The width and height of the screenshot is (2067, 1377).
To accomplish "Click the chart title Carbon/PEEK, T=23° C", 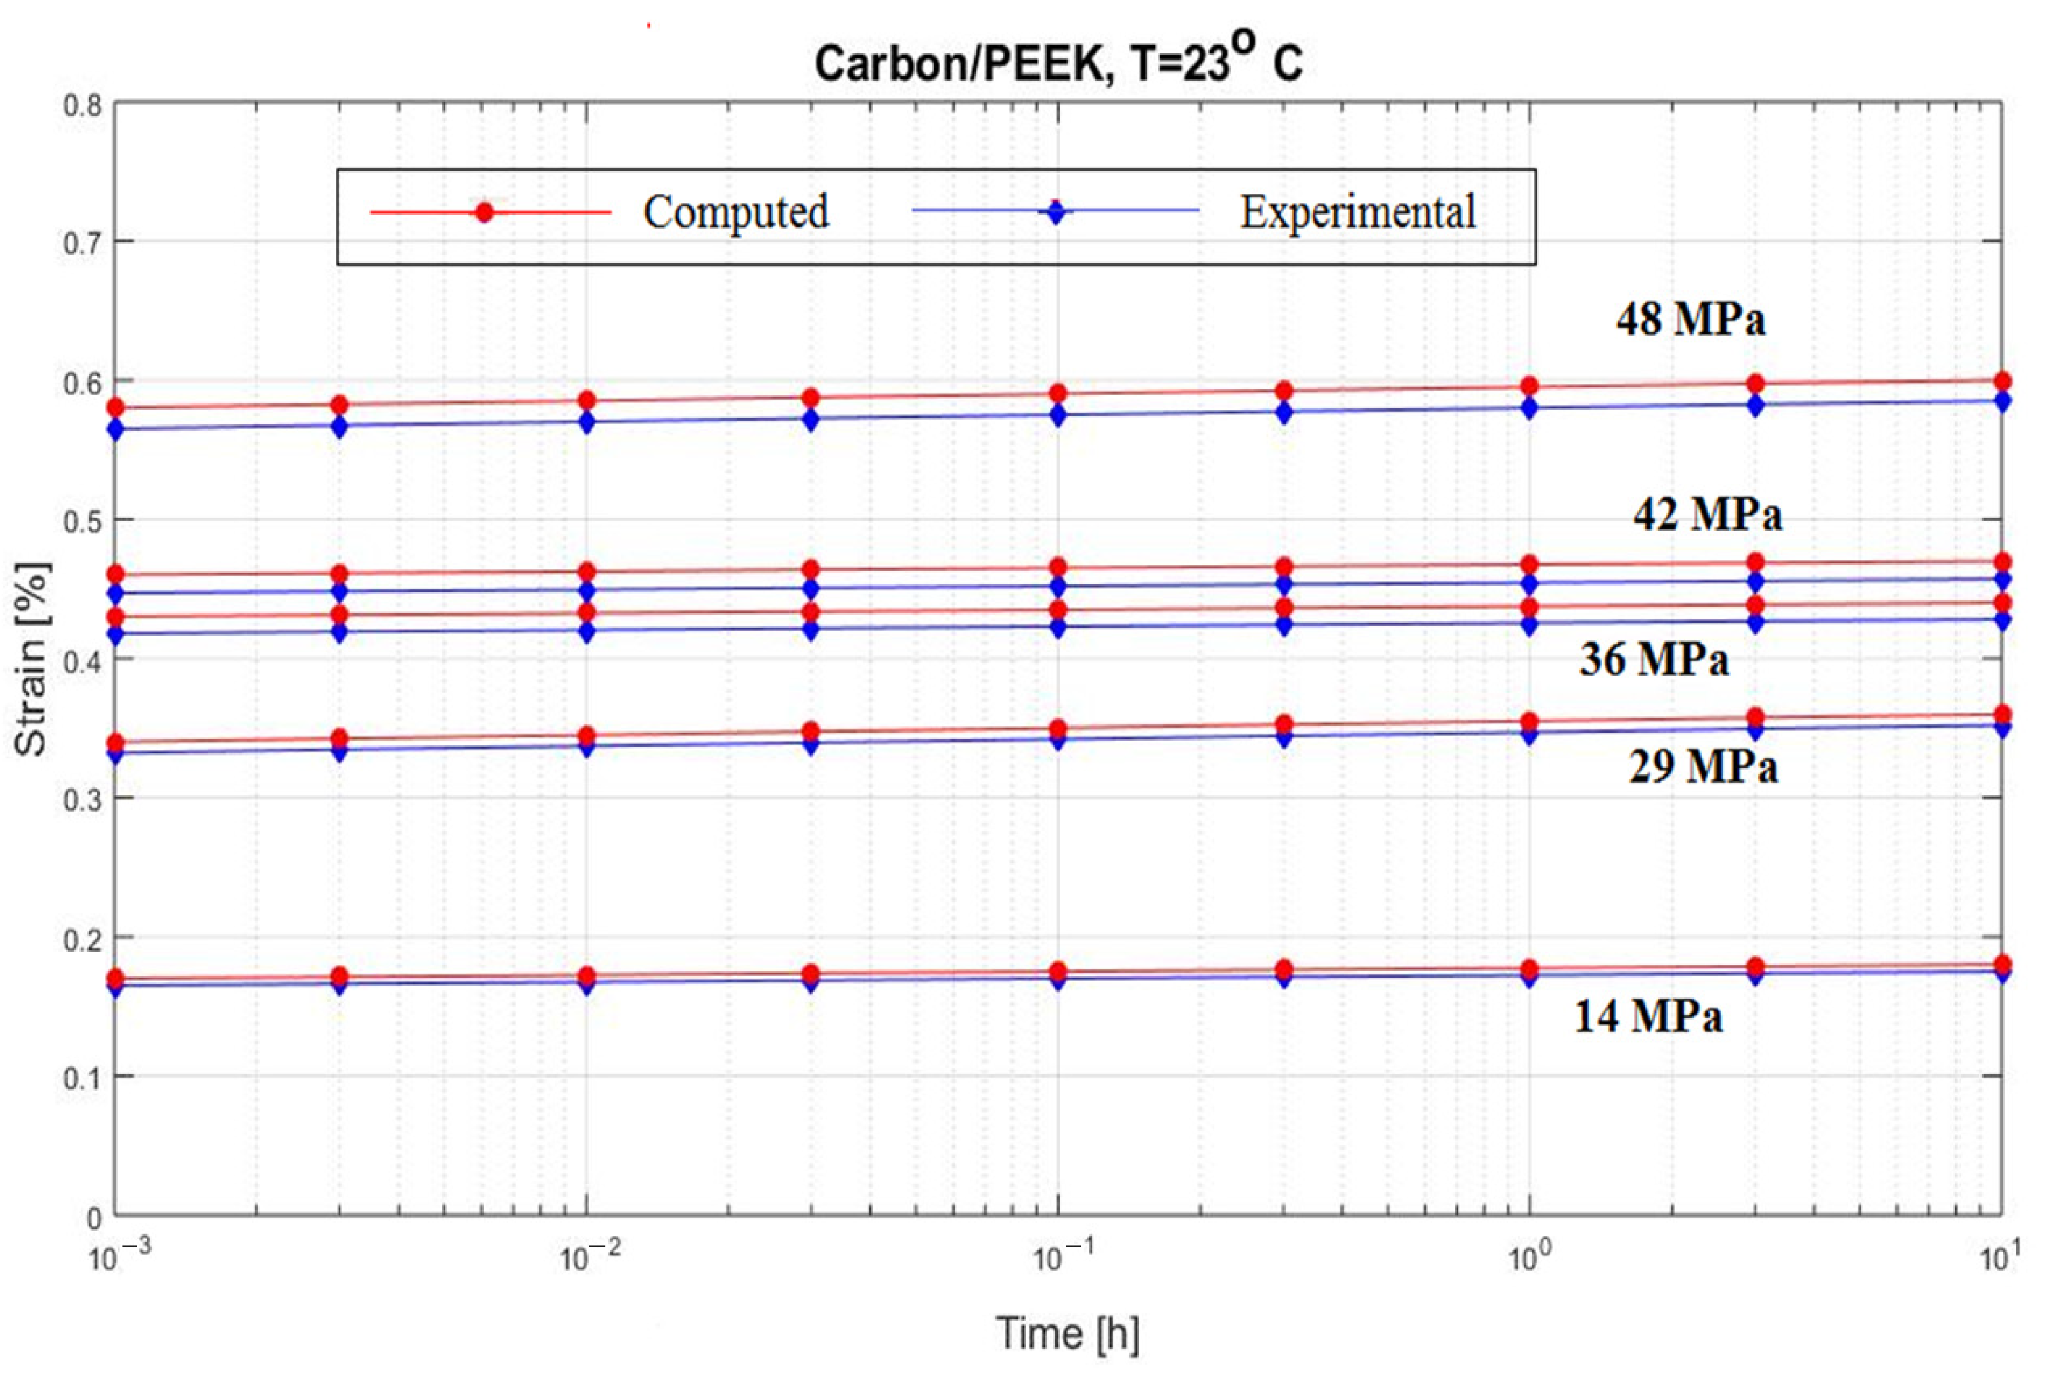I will [x=1058, y=62].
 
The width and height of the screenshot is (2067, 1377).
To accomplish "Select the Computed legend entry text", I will [x=735, y=213].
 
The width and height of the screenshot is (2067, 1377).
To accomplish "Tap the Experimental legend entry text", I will [x=1357, y=213].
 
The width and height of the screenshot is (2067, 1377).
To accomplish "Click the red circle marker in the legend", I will [x=484, y=212].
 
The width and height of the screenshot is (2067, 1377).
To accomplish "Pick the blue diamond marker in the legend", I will [x=1056, y=212].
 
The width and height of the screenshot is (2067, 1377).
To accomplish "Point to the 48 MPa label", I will [x=1689, y=318].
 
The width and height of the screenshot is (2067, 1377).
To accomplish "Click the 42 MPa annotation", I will [x=1706, y=514].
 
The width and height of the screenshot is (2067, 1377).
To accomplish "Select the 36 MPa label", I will [x=1654, y=659].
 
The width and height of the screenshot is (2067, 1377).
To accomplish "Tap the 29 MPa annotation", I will [x=1703, y=766].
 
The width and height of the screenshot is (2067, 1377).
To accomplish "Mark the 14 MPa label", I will [x=1648, y=1017].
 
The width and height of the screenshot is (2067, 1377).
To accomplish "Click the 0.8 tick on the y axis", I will [x=83, y=106].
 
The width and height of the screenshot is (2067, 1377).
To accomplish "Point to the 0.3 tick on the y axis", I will [x=83, y=799].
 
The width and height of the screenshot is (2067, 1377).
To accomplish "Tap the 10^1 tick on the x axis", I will [x=1999, y=1258].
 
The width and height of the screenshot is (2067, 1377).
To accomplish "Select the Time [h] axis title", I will [x=1067, y=1333].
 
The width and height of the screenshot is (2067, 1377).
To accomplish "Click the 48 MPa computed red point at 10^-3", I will [x=115, y=408].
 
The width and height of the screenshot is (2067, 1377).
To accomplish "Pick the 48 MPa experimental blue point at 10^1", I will [x=2002, y=401].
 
